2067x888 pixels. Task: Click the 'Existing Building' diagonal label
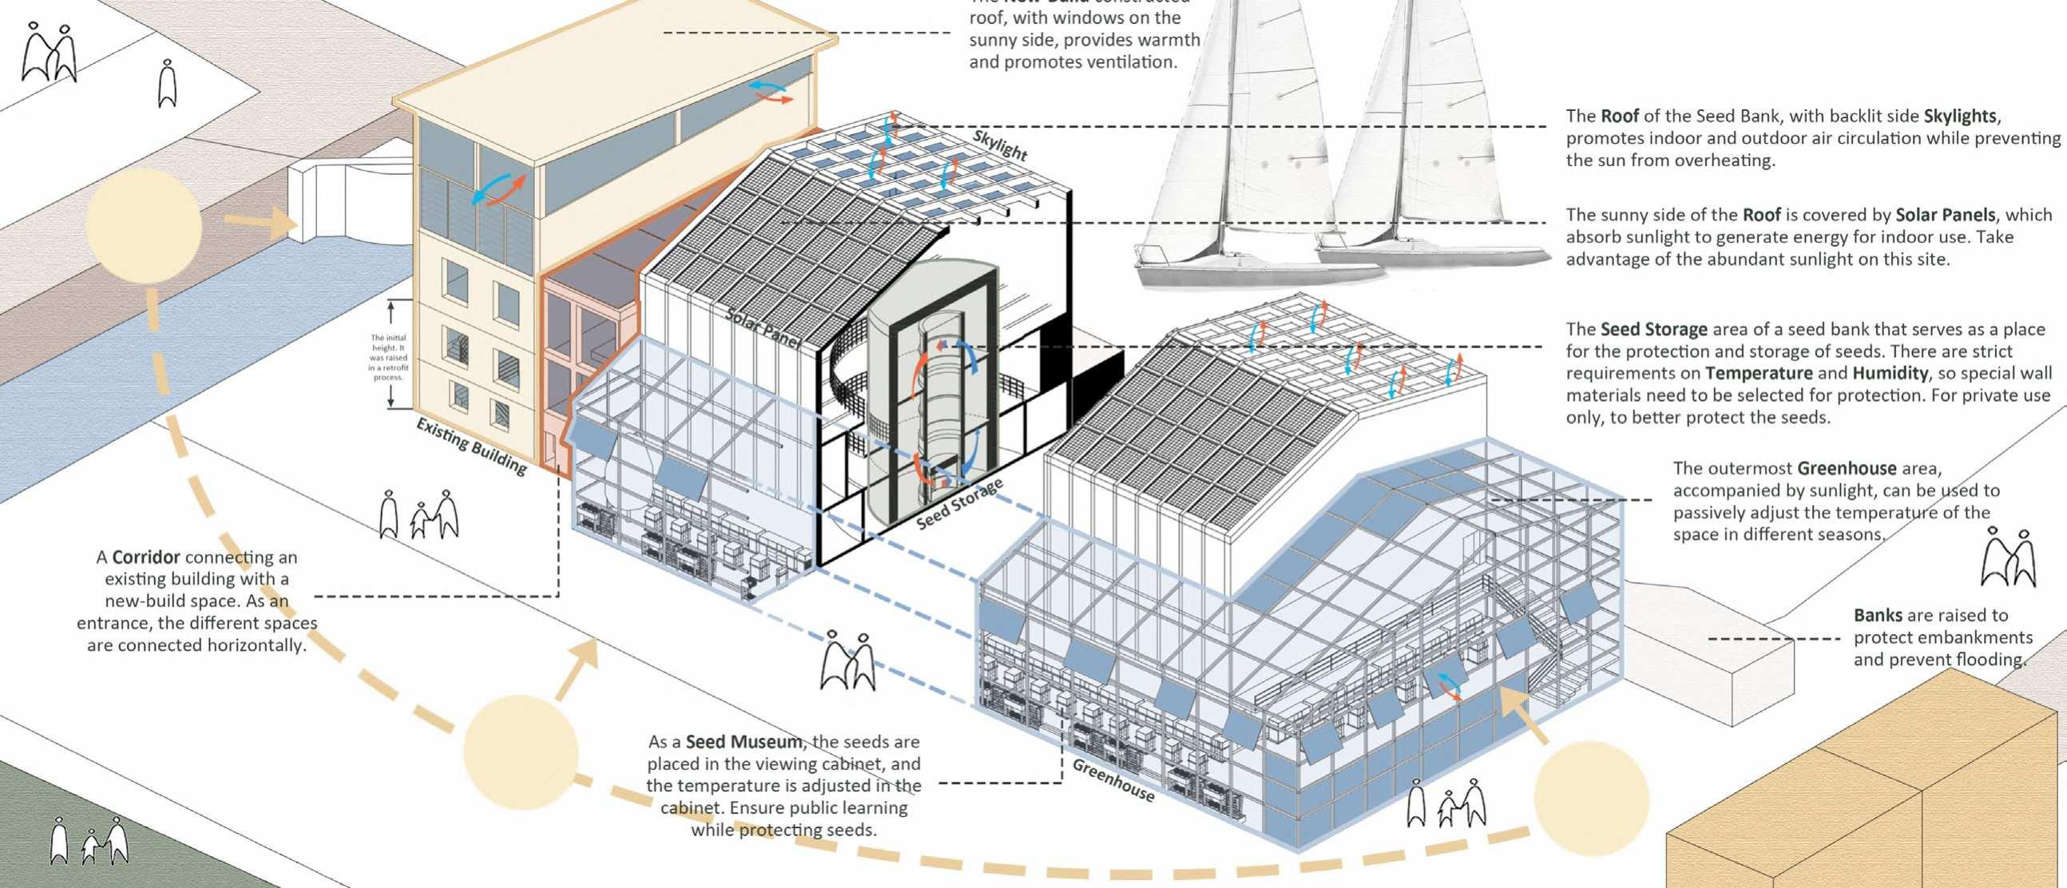pyautogui.click(x=471, y=447)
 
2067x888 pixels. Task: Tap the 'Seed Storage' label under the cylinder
pyautogui.click(x=960, y=504)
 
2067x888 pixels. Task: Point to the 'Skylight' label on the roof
pyautogui.click(x=1000, y=145)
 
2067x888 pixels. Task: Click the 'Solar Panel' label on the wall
pyautogui.click(x=763, y=327)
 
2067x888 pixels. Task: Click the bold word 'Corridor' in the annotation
pyautogui.click(x=145, y=557)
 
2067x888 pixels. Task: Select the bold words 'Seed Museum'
pyautogui.click(x=743, y=742)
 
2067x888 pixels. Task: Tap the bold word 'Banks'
pyautogui.click(x=1878, y=615)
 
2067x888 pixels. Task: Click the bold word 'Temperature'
pyautogui.click(x=1758, y=373)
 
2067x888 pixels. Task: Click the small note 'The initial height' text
pyautogui.click(x=388, y=357)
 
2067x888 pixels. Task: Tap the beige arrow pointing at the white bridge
pyautogui.click(x=259, y=220)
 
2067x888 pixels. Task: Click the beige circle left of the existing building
pyautogui.click(x=143, y=222)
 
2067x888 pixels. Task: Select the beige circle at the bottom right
pyautogui.click(x=1590, y=798)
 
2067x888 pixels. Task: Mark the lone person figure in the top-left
pyautogui.click(x=166, y=83)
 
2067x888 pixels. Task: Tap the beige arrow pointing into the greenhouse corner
pyautogui.click(x=1523, y=714)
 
